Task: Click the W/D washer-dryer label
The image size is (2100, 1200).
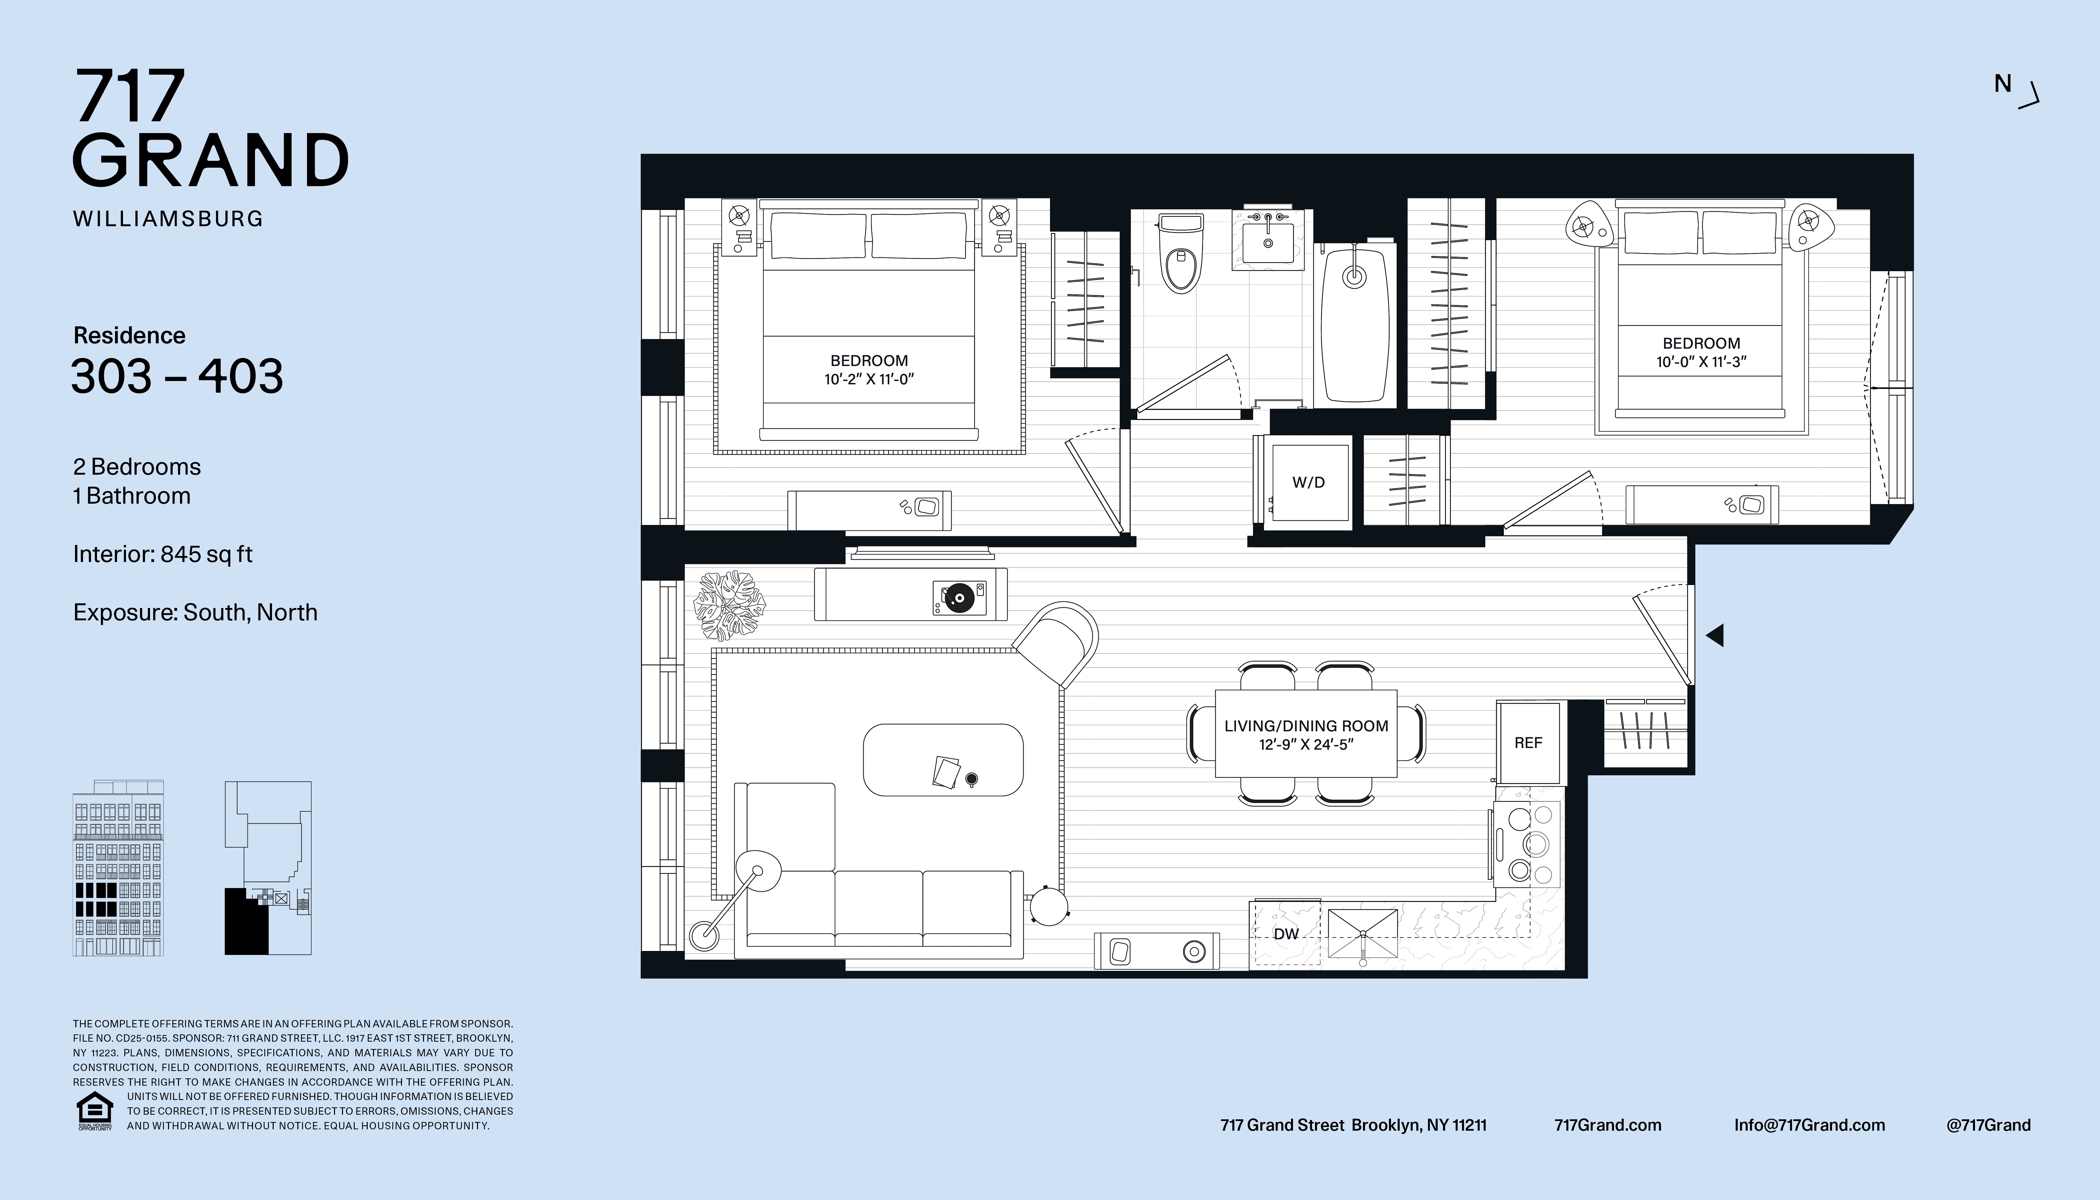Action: (1308, 482)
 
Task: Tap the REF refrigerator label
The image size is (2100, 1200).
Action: (1528, 743)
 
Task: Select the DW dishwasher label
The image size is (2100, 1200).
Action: (1286, 934)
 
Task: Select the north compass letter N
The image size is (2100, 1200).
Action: (2003, 83)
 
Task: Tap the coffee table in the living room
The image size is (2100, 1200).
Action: (943, 760)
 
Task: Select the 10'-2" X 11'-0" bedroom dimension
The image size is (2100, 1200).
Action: (870, 379)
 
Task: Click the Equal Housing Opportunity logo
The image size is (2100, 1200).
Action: (94, 1111)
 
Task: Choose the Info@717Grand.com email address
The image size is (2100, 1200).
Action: (1809, 1125)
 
